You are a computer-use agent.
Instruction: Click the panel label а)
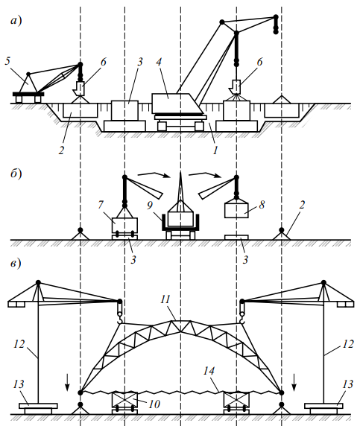point(16,21)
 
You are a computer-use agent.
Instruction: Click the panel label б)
point(16,174)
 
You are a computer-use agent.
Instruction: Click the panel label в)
point(16,264)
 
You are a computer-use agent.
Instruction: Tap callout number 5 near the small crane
point(7,61)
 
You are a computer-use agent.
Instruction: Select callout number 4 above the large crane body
point(159,62)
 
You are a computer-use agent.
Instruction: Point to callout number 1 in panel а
point(215,150)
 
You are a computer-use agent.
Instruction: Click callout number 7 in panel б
point(101,204)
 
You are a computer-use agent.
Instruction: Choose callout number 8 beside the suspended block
point(262,204)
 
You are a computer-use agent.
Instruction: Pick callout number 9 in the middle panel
point(150,206)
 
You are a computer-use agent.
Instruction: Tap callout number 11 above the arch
point(165,299)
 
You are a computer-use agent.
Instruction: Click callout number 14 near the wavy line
point(209,371)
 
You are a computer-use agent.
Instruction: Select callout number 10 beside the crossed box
point(154,404)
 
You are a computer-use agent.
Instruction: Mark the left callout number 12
point(19,344)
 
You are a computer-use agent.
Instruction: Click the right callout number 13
point(347,384)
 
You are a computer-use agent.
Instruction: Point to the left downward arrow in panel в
point(67,382)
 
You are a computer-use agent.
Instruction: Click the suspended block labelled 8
point(236,211)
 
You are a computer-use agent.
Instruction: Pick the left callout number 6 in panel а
point(104,62)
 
